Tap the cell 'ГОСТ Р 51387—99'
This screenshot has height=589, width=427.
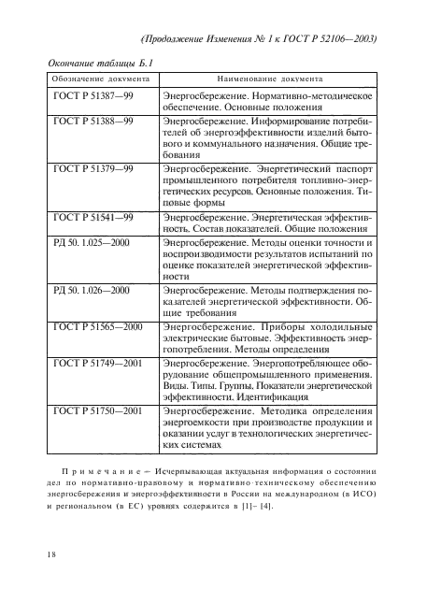pyautogui.click(x=93, y=96)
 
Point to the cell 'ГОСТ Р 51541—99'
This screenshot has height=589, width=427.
pyautogui.click(x=93, y=218)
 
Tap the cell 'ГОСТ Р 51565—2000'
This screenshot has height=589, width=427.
pyautogui.click(x=98, y=327)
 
